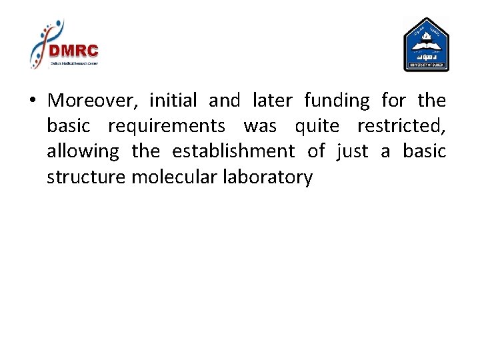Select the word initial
[x=173, y=101]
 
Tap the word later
[x=272, y=101]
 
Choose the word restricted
[x=401, y=126]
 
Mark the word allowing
[x=83, y=152]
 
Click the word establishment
[x=233, y=151]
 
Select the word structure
[x=87, y=177]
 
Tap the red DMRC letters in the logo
[x=73, y=51]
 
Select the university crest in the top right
[x=426, y=45]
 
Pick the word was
[x=260, y=126]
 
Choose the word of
[x=315, y=151]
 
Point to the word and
[x=224, y=101]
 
